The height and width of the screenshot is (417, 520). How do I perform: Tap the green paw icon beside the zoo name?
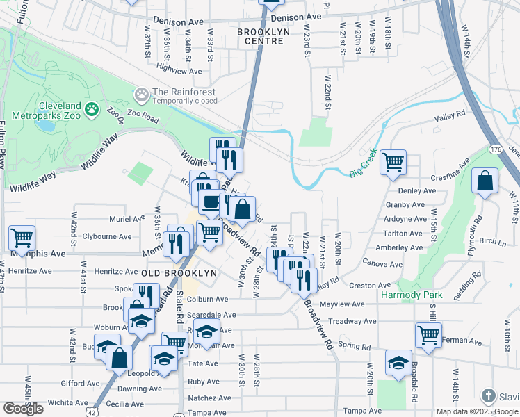point(92,109)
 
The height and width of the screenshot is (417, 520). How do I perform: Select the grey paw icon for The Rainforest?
point(142,92)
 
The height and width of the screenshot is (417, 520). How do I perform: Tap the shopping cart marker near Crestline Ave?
point(393,163)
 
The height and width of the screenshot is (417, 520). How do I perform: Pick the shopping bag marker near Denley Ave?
point(485,181)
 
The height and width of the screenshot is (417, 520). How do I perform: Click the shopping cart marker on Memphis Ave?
point(22,238)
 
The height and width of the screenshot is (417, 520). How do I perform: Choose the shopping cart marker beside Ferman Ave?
point(428,335)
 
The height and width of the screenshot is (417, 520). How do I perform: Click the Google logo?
point(24,409)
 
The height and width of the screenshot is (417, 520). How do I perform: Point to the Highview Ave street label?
point(179,68)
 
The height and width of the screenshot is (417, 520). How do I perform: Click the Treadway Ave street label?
point(352,321)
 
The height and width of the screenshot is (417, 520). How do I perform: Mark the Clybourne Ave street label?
point(107,236)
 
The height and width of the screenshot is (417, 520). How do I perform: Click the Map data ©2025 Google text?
point(476,411)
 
